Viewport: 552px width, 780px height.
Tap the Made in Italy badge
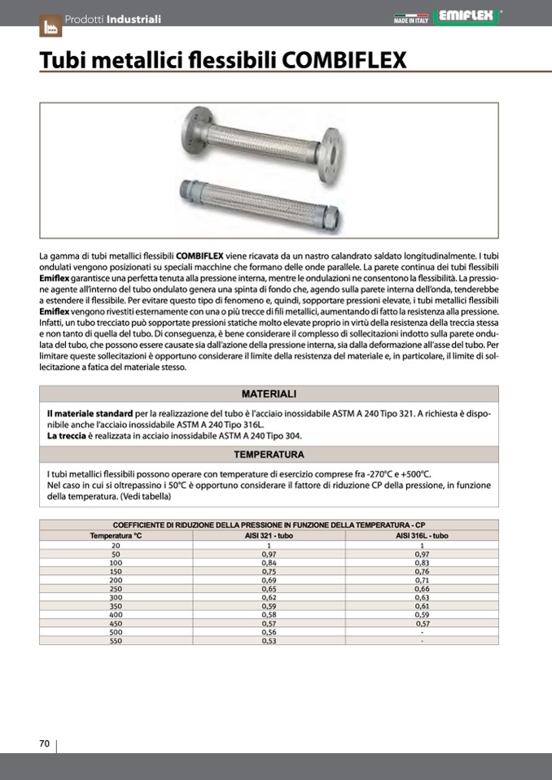point(410,17)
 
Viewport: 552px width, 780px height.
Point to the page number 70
point(46,743)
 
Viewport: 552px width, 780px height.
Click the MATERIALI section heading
point(269,394)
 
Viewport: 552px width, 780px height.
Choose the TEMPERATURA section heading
point(269,455)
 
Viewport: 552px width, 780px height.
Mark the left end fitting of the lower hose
point(186,192)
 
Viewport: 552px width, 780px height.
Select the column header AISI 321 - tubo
point(269,536)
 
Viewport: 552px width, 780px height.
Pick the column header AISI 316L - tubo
point(422,536)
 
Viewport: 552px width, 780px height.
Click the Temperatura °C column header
point(116,536)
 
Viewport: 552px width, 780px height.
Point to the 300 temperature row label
point(116,596)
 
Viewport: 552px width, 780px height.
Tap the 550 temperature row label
point(116,640)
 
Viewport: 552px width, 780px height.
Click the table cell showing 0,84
point(269,562)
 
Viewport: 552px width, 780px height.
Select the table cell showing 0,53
point(269,640)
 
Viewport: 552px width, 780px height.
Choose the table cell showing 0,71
point(422,579)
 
